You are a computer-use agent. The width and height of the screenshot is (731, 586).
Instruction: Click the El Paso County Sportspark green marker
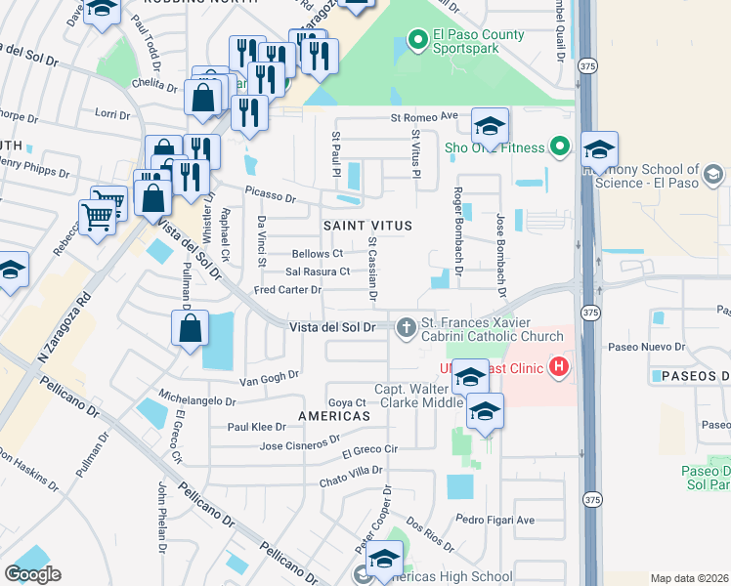click(418, 40)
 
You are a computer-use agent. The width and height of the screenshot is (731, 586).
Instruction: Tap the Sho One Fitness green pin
click(559, 147)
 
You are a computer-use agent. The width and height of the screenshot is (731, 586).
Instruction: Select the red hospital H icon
click(558, 367)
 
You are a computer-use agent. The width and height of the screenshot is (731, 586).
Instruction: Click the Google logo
click(32, 574)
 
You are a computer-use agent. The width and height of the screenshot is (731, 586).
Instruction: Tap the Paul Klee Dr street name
click(256, 427)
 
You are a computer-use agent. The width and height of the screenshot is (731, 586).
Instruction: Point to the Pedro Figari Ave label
click(495, 520)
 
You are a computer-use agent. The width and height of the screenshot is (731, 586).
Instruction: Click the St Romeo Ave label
click(424, 116)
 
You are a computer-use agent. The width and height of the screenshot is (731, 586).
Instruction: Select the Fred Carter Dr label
click(287, 290)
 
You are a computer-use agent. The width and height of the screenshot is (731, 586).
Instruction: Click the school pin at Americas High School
click(384, 561)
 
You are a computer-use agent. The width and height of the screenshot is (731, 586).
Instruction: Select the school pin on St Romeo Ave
click(490, 126)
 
